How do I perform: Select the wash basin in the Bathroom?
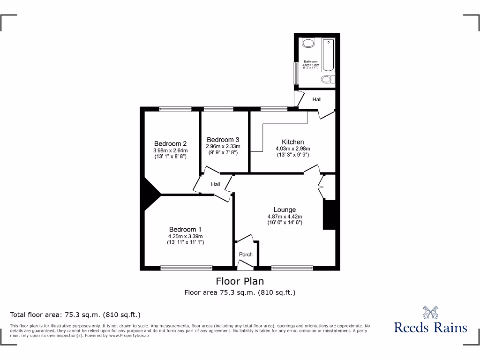point(308,44)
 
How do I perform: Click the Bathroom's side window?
point(296,73)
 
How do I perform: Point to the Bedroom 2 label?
point(171,143)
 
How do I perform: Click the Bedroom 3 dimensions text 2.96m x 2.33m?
point(223,146)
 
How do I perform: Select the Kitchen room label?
point(292,142)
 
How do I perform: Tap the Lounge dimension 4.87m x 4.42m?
point(285,217)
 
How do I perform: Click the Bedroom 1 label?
point(185,229)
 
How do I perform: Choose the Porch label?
point(246,255)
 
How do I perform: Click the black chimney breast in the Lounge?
point(330,215)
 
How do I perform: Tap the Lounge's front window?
point(292,268)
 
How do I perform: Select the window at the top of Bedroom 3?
point(218,109)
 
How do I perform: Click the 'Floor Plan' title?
point(240,281)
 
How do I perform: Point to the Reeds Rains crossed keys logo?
point(430,313)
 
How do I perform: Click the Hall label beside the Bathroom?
point(317,99)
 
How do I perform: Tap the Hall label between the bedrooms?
point(215,184)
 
